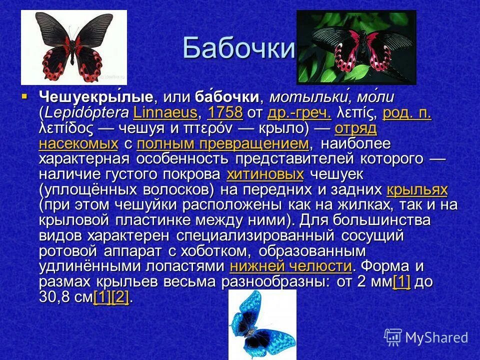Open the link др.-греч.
point(300,112)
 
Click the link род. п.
point(406,112)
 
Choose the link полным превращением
point(222,144)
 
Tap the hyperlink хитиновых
point(265,175)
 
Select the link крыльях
point(417,190)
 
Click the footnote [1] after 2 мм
point(402,281)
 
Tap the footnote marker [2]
point(120,297)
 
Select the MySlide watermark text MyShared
point(436,337)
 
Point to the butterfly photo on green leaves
point(356,47)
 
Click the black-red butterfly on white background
point(73,47)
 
